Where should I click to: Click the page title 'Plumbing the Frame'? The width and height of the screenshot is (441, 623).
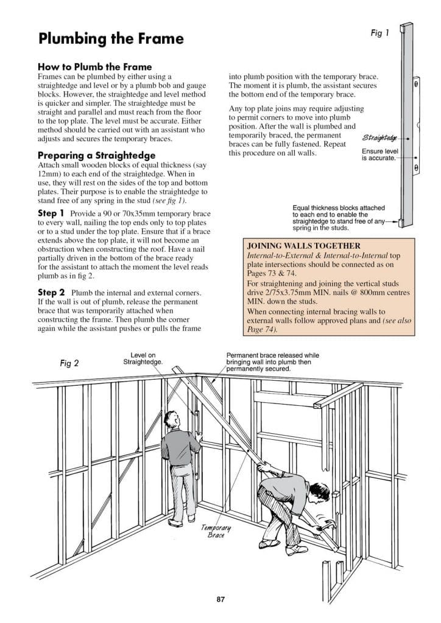pyautogui.click(x=110, y=39)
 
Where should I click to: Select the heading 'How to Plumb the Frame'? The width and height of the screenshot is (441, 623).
pyautogui.click(x=94, y=66)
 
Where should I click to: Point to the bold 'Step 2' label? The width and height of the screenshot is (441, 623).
pyautogui.click(x=52, y=293)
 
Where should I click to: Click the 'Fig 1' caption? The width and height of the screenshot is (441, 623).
pyautogui.click(x=379, y=33)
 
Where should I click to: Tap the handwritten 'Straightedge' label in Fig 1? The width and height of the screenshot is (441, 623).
pyautogui.click(x=379, y=138)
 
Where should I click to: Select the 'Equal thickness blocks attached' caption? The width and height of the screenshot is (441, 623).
pyautogui.click(x=338, y=207)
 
